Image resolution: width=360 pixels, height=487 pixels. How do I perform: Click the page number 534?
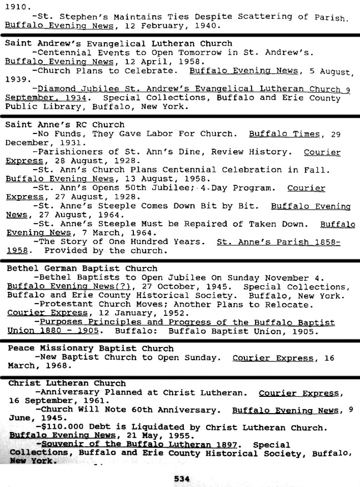tap(182, 478)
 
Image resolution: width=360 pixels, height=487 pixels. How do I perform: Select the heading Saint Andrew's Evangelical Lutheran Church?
tap(118, 43)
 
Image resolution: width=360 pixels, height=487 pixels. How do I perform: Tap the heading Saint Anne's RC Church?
tap(65, 125)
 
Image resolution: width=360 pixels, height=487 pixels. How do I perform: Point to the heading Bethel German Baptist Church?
tap(82, 268)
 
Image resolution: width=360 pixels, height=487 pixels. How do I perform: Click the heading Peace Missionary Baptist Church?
tap(91, 349)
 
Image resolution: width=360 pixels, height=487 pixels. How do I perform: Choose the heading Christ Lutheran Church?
tap(67, 383)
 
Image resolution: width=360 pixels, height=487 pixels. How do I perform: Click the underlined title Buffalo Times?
tap(284, 133)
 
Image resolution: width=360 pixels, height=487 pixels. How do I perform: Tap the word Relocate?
tap(292, 304)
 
